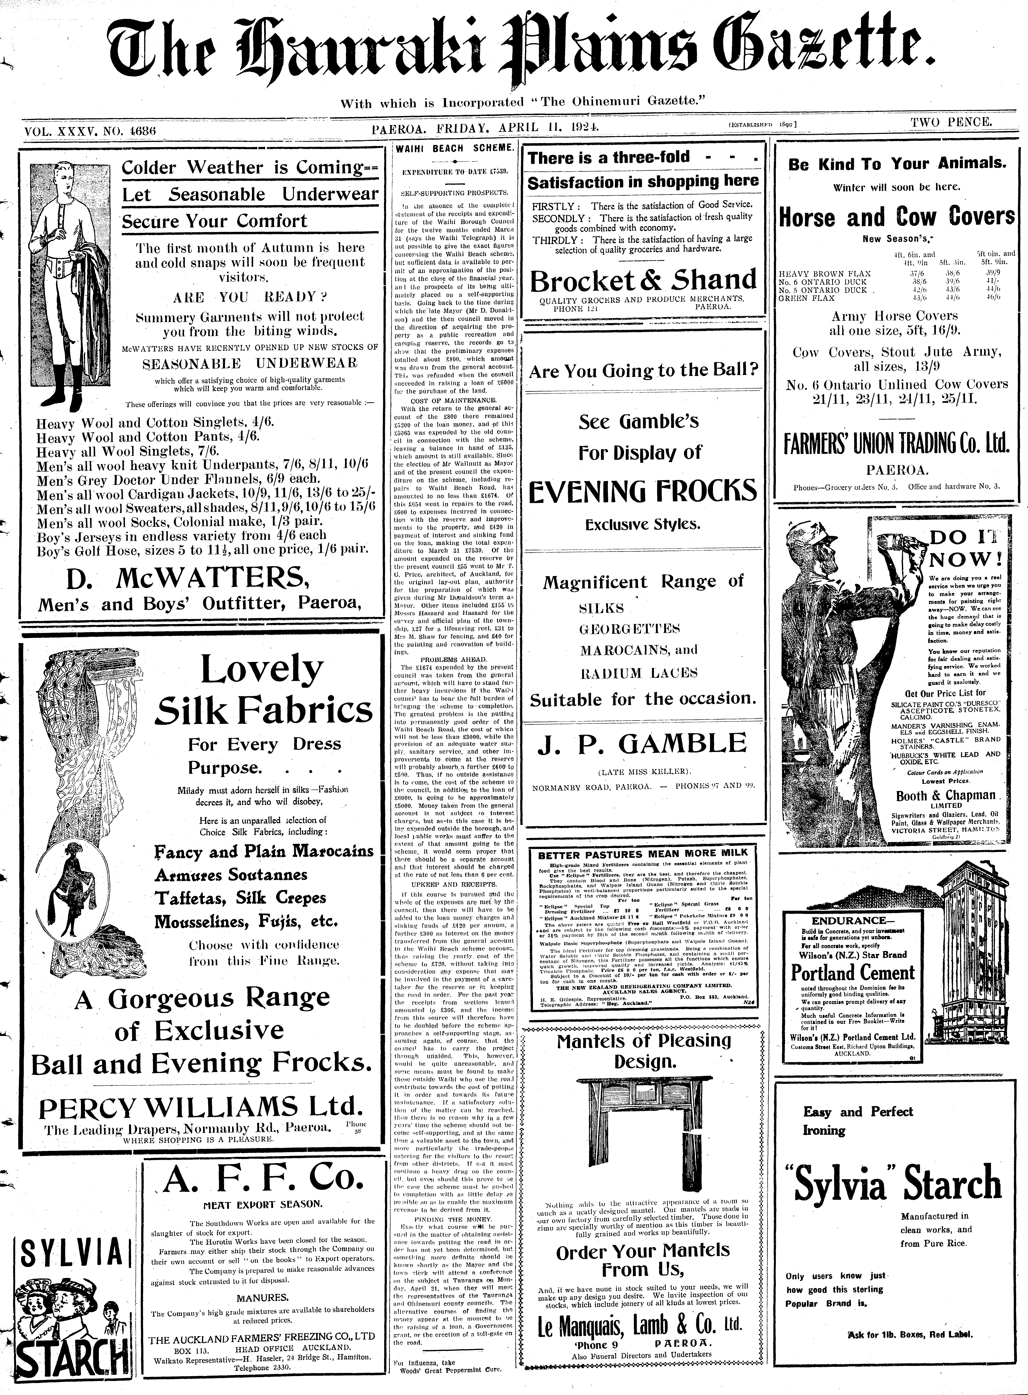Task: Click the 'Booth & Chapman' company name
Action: click(946, 795)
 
